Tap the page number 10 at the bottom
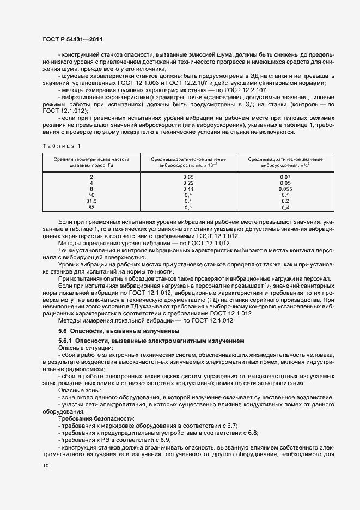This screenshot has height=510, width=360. (x=45, y=465)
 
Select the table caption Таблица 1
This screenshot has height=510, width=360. (x=60, y=145)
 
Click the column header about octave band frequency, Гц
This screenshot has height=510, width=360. (x=91, y=161)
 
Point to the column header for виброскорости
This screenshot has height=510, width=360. (x=188, y=161)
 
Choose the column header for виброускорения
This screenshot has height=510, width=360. (x=285, y=161)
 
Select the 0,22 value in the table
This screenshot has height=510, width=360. (x=188, y=184)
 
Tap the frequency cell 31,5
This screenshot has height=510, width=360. (x=91, y=202)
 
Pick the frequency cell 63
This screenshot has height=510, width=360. (x=91, y=208)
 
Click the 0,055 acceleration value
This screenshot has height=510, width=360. (x=285, y=190)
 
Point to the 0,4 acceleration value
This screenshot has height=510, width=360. (x=285, y=208)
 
